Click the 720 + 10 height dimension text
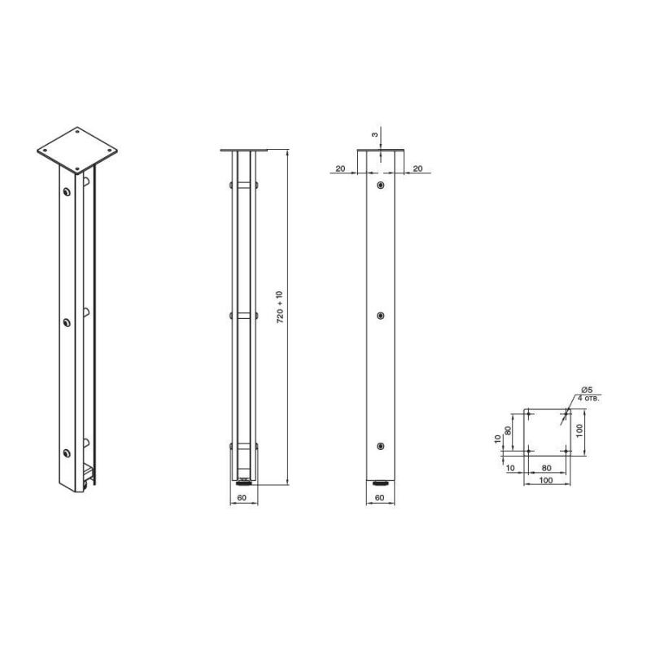coord(279,308)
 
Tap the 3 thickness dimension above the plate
coord(374,134)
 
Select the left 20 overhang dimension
coord(340,168)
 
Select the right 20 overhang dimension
coord(417,168)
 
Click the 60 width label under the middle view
coord(242,497)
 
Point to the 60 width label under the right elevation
coord(379,497)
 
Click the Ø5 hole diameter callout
coord(587,390)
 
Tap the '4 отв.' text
coord(588,398)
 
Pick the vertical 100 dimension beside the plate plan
coord(580,430)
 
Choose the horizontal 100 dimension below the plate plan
coord(545,480)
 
